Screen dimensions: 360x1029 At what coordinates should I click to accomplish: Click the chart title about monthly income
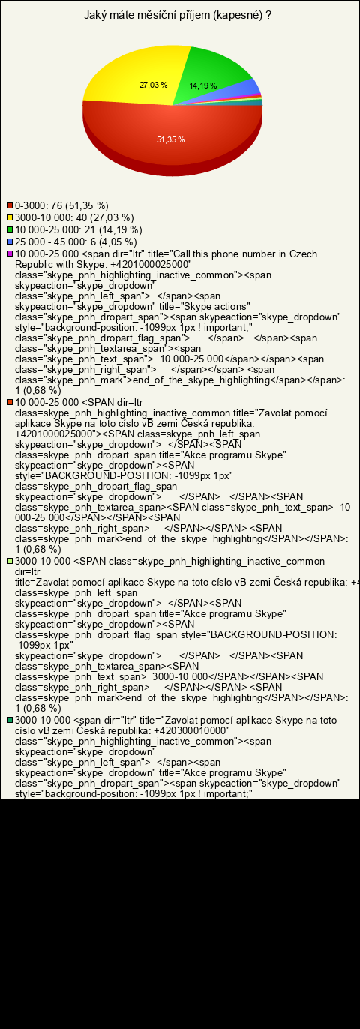177,15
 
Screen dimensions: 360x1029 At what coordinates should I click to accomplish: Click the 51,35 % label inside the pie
171,139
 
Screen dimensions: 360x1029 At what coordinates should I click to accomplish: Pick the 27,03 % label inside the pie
153,85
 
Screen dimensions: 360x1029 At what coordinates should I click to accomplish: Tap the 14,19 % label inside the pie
203,86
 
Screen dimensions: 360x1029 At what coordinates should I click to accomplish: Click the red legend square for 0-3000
10,205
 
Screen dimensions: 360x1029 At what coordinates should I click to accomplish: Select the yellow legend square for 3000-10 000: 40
10,217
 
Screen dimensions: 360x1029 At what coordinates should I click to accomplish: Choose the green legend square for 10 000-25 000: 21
10,229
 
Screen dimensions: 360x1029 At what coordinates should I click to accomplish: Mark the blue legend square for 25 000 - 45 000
10,241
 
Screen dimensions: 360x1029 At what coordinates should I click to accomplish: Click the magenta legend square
10,253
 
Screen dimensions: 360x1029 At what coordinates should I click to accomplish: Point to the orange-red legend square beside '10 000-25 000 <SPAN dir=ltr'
10,402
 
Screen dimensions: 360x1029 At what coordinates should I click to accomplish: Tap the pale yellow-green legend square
10,561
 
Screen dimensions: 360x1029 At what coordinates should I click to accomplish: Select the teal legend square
10,720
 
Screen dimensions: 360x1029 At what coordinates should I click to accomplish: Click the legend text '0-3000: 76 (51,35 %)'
62,205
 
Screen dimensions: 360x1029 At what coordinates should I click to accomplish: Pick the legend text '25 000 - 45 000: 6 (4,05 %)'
76,241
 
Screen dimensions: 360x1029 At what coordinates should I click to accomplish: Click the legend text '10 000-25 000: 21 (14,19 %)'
79,229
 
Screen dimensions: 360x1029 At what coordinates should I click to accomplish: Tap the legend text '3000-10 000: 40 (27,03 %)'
74,217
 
